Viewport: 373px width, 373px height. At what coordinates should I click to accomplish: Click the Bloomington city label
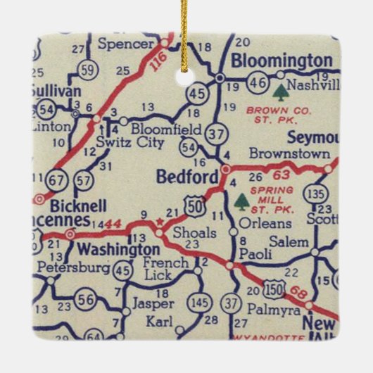point(281,61)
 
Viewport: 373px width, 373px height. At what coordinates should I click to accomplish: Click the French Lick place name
point(166,269)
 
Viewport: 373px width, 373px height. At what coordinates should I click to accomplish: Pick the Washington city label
point(118,250)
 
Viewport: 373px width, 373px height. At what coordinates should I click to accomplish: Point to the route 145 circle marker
point(200,303)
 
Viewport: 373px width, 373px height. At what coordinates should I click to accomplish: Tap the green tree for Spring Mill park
point(242,202)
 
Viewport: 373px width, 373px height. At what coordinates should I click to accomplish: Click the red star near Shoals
point(160,223)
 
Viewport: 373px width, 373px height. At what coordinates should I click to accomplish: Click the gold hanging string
point(185,21)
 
